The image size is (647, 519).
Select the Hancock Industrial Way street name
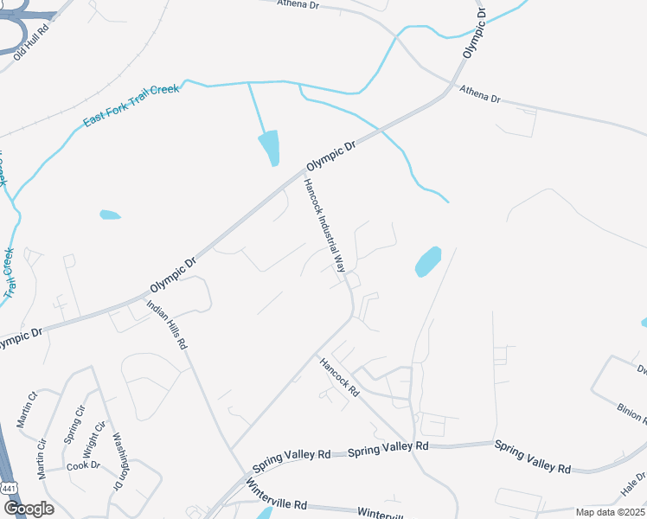tap(324, 225)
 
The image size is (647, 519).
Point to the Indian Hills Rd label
tap(167, 324)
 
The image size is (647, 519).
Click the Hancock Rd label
tap(339, 378)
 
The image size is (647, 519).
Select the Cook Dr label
tap(83, 465)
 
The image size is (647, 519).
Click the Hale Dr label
tap(632, 485)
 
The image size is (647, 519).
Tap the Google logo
tap(28, 509)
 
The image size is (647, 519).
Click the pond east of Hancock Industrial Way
tap(428, 261)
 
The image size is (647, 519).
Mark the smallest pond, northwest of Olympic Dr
tap(110, 215)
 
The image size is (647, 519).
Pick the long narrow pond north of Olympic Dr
tap(269, 147)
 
